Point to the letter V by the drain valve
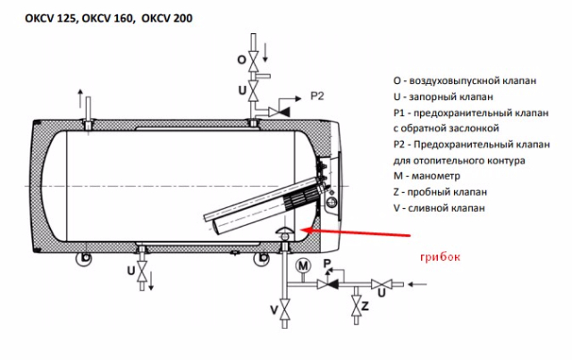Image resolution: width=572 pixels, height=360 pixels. pyautogui.click(x=273, y=311)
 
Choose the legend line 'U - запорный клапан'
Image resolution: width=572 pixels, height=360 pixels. pyautogui.click(x=438, y=96)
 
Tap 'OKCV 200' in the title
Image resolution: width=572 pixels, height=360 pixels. pyautogui.click(x=162, y=17)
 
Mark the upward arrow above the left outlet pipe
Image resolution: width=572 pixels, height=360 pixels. pyautogui.click(x=80, y=95)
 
